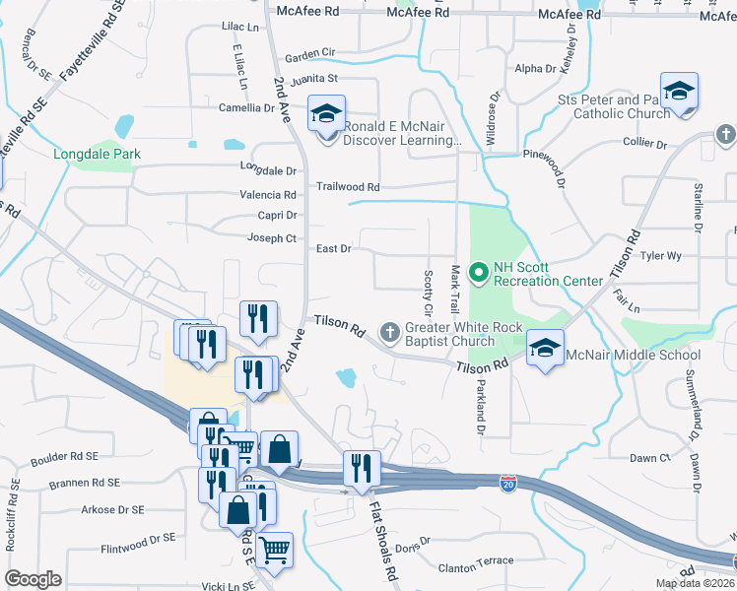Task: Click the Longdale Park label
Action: click(98, 154)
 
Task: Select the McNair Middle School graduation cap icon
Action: click(545, 349)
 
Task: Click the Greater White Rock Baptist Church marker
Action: click(390, 332)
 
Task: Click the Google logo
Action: click(33, 578)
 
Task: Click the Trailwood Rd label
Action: click(347, 186)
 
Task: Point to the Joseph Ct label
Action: click(272, 238)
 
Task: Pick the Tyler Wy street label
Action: click(660, 256)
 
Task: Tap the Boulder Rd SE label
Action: click(65, 457)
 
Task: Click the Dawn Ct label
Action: click(649, 458)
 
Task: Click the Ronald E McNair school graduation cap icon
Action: click(325, 113)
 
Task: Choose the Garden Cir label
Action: click(310, 57)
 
